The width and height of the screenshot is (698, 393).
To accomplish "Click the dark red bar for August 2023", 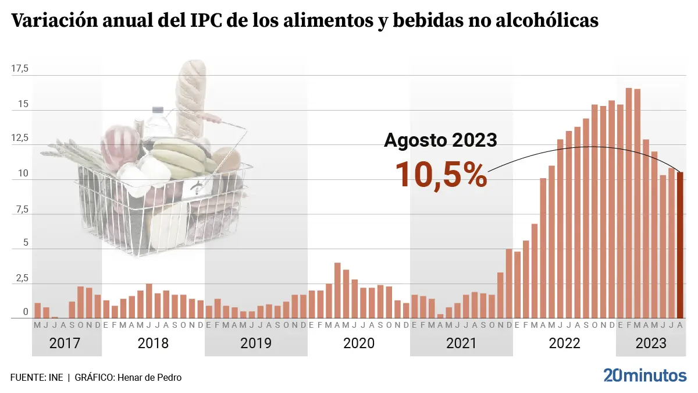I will pyautogui.click(x=680, y=245).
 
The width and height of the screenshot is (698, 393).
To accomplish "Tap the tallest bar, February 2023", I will pyautogui.click(x=629, y=204).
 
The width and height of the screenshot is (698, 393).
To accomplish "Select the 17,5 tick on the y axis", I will pyautogui.click(x=20, y=69).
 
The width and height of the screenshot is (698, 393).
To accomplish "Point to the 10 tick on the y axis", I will pyautogui.click(x=22, y=174).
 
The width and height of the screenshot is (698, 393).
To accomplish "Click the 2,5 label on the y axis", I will pyautogui.click(x=20, y=278).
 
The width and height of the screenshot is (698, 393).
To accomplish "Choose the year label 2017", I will pyautogui.click(x=65, y=344).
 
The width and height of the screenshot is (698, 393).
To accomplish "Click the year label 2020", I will pyautogui.click(x=359, y=344).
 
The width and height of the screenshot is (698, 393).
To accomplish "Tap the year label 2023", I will pyautogui.click(x=650, y=344).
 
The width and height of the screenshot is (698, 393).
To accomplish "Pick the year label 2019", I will pyautogui.click(x=256, y=344).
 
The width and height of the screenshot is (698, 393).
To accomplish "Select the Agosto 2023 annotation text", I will pyautogui.click(x=440, y=140).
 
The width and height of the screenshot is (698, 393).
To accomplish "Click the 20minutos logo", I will pyautogui.click(x=644, y=376).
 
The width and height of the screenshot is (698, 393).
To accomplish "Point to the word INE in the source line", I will pyautogui.click(x=55, y=377).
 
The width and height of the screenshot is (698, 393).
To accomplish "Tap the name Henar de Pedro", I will pyautogui.click(x=149, y=377).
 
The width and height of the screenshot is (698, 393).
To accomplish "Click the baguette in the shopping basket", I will pyautogui.click(x=191, y=96).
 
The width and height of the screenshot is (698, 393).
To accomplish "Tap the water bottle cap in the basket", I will pyautogui.click(x=158, y=109).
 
